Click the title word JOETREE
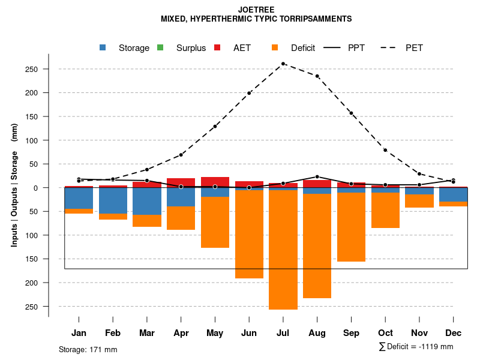[x=256, y=10]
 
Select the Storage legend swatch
[x=103, y=47]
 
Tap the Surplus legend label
[x=191, y=48]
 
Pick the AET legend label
[x=242, y=48]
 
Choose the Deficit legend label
[x=302, y=48]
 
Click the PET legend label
[x=414, y=48]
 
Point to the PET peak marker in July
[x=283, y=64]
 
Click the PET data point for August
[x=317, y=76]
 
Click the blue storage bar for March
[x=147, y=201]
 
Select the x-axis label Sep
[x=351, y=333]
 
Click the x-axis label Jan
[x=79, y=333]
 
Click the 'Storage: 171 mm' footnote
[x=88, y=349]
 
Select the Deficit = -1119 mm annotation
[x=416, y=346]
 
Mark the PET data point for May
[x=215, y=127]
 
